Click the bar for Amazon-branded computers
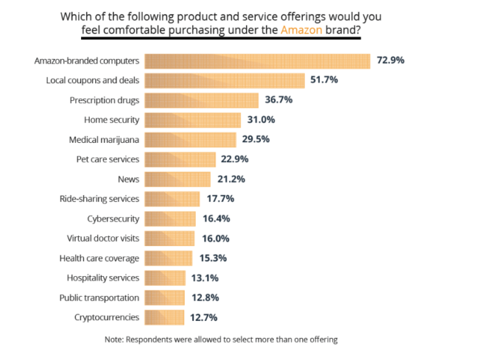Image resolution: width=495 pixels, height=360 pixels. [x=257, y=60]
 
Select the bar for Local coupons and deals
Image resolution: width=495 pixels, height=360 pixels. [x=225, y=80]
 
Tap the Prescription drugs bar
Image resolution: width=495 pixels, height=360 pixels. [x=201, y=100]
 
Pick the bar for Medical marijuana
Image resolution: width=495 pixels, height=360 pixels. [x=190, y=139]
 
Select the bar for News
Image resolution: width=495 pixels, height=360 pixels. [x=177, y=179]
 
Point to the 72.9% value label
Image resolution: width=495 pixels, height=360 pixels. [x=390, y=60]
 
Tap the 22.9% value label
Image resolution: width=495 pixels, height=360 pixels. [x=236, y=159]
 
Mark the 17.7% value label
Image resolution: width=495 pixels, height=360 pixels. [x=220, y=198]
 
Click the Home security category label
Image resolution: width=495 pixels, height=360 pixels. [x=112, y=120]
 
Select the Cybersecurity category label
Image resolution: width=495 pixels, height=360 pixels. [x=113, y=218]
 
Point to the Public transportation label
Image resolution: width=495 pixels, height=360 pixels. [x=100, y=297]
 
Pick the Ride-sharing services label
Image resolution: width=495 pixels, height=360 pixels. [x=99, y=198]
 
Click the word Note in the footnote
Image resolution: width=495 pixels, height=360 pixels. [x=114, y=340]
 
